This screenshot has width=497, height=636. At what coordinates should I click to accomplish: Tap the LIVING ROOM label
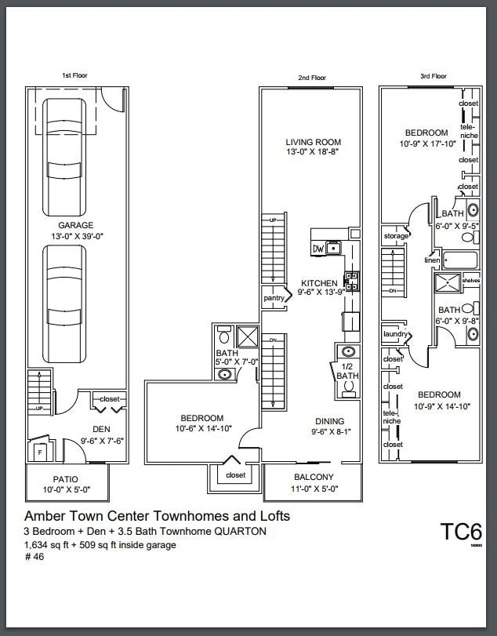tap(312, 142)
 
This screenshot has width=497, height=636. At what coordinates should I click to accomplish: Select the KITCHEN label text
tap(320, 283)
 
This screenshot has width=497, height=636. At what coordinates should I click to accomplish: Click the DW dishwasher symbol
tap(318, 249)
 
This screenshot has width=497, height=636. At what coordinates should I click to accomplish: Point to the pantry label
tap(273, 298)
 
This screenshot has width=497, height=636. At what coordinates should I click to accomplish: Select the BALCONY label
tap(314, 477)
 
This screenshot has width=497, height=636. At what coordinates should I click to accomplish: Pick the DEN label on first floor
tap(101, 430)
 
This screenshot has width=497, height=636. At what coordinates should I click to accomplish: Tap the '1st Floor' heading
tap(75, 76)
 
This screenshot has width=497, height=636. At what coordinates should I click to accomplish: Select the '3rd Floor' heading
tap(434, 76)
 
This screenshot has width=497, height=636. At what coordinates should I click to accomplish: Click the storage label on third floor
tap(396, 235)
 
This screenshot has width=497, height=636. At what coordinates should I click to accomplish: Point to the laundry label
tap(394, 335)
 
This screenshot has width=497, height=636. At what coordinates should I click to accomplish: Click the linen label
tap(432, 260)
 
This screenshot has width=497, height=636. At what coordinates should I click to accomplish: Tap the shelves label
tap(470, 280)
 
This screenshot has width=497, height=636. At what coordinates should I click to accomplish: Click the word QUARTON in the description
tap(238, 531)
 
